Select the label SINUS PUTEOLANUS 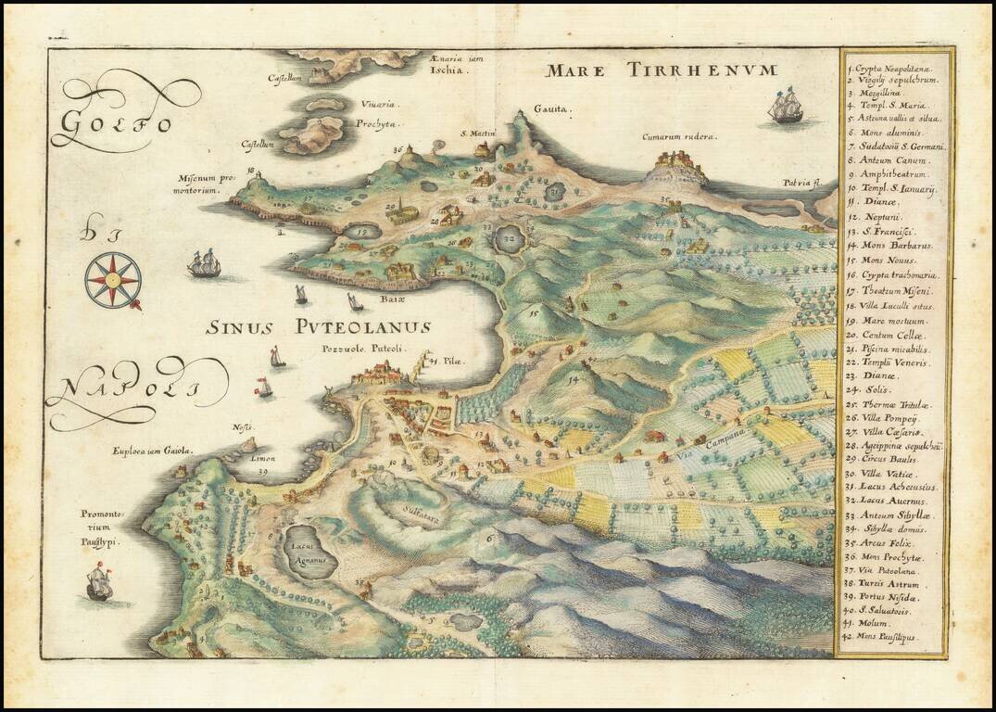[318, 327]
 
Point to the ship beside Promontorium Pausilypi [97, 585]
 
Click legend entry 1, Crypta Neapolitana [894, 68]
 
